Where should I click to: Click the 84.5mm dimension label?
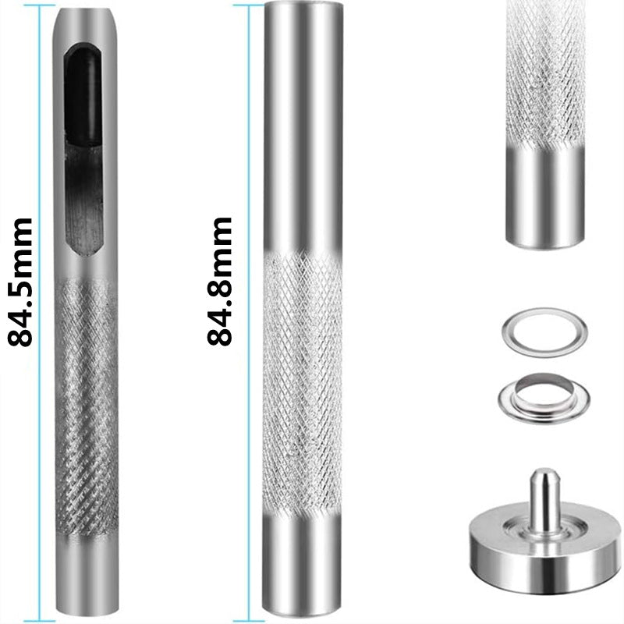tap(20, 282)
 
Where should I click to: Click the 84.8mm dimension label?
tap(219, 281)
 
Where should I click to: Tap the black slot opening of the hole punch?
tap(84, 149)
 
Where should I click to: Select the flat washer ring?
tap(544, 332)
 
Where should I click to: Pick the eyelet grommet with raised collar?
tap(544, 398)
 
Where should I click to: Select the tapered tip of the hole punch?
tap(86, 20)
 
